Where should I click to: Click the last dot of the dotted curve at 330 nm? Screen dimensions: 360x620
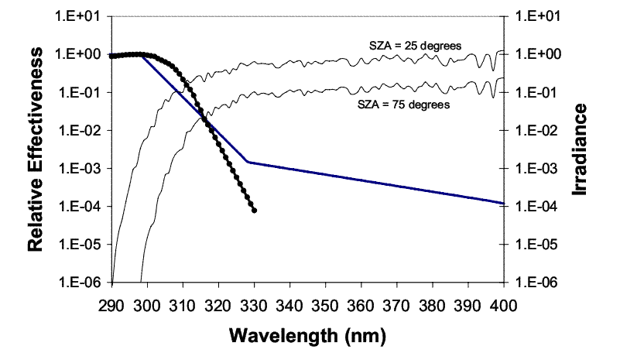[x=255, y=211]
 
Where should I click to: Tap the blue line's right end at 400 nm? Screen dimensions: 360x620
[x=504, y=203]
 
